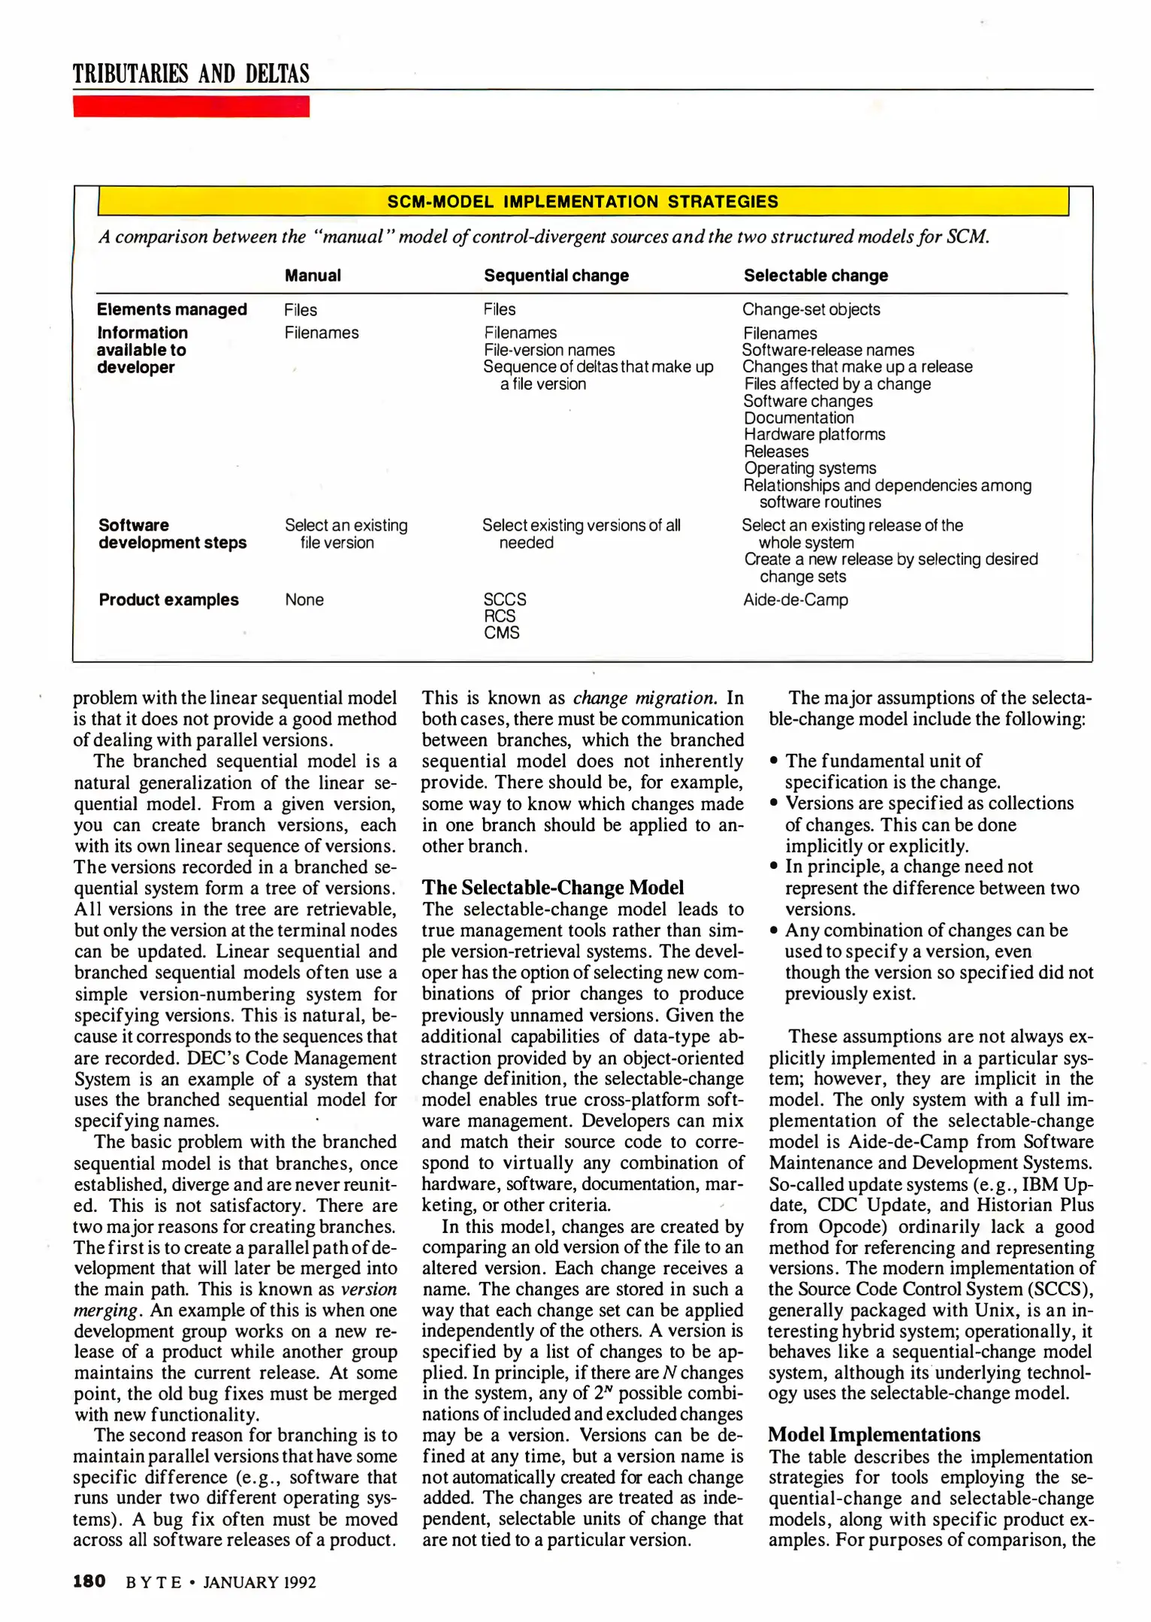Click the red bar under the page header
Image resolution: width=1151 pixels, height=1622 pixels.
coord(191,107)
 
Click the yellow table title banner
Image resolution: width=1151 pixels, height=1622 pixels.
coord(583,201)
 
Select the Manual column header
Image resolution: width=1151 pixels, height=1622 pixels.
coord(313,276)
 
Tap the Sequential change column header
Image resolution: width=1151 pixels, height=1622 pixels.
coord(556,276)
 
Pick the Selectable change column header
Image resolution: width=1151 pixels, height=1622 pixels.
coord(816,276)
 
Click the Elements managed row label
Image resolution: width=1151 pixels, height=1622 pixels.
coord(172,309)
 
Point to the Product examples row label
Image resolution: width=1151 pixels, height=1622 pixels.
coord(168,600)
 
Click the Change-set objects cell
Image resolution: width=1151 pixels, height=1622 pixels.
coord(811,309)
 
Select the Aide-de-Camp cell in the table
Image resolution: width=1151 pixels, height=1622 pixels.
coord(795,600)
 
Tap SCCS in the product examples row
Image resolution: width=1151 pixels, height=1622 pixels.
coord(505,599)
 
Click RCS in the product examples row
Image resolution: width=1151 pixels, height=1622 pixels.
coord(500,616)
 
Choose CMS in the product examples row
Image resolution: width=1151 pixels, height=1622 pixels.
coord(502,633)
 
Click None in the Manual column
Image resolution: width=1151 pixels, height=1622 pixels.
coord(304,600)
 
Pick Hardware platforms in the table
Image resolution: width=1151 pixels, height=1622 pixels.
coord(814,435)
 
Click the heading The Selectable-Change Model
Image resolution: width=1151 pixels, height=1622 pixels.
coord(553,888)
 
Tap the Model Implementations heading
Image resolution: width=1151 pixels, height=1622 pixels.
coord(874,1435)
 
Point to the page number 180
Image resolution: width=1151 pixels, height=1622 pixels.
coord(89,1581)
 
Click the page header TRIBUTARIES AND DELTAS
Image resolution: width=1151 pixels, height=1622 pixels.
coord(191,74)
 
